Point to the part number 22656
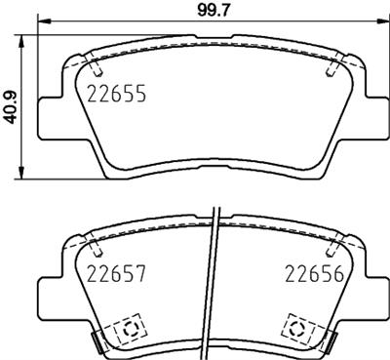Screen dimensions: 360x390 (313, 274)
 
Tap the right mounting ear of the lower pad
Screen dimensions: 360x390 (371, 294)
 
